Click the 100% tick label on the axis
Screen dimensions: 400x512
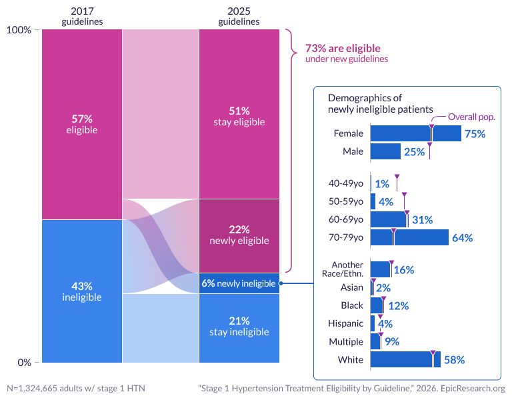click(x=19, y=30)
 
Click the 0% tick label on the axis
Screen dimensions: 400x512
click(x=24, y=363)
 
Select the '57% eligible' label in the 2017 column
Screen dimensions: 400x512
click(x=82, y=124)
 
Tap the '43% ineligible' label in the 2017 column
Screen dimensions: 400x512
click(x=82, y=291)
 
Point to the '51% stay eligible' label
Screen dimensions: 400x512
click(x=239, y=116)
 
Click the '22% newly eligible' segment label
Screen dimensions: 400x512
click(x=239, y=235)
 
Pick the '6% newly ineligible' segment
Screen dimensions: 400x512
click(x=239, y=283)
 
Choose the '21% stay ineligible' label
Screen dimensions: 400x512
click(x=239, y=326)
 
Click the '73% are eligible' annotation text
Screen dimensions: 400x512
click(x=343, y=49)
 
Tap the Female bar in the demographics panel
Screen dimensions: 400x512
click(x=415, y=133)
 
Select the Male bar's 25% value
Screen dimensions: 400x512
click(x=414, y=152)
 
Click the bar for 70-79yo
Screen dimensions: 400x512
click(x=409, y=237)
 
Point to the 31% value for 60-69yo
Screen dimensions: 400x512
click(x=423, y=219)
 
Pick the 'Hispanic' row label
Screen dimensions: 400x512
click(x=347, y=323)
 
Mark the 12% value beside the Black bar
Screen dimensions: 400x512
click(x=399, y=305)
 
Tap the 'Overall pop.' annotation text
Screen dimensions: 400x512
click(x=471, y=117)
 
